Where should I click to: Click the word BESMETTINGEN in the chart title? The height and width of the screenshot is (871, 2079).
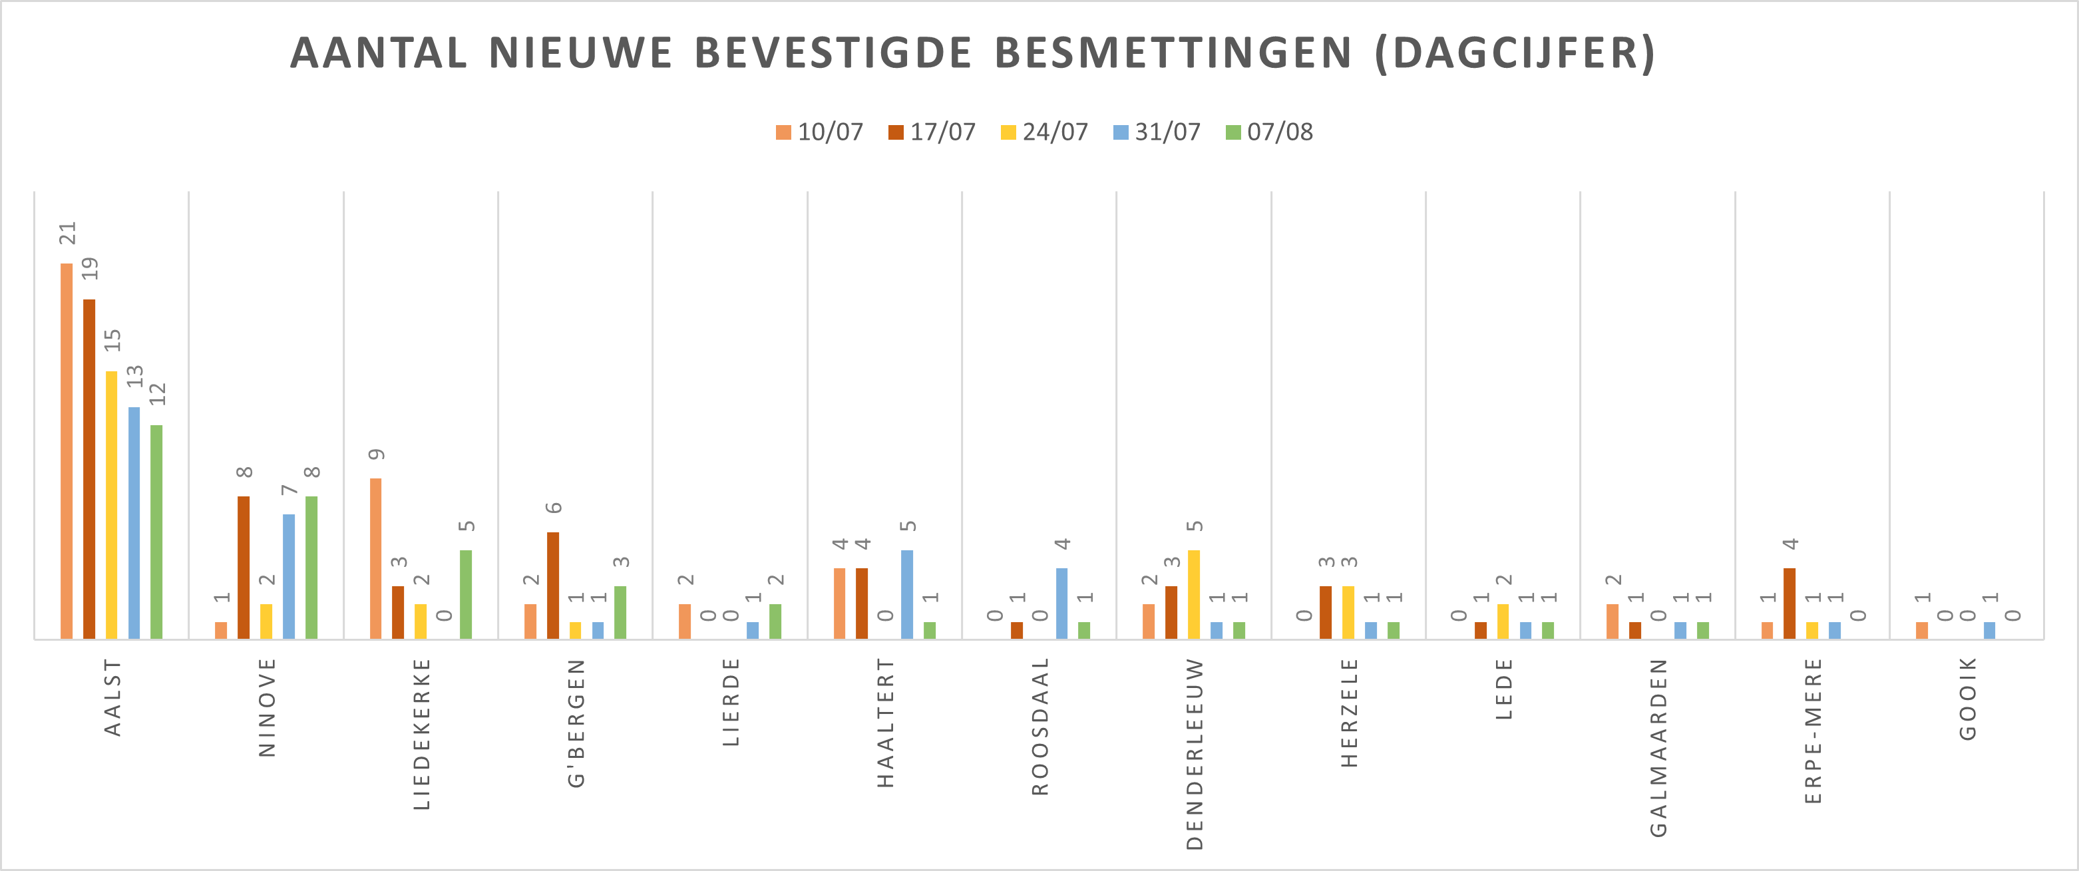coord(1173,53)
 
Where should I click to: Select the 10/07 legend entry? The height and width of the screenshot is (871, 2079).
coord(820,132)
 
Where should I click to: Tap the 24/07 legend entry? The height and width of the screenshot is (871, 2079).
coord(1044,132)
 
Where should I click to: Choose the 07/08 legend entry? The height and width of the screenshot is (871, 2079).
coord(1270,132)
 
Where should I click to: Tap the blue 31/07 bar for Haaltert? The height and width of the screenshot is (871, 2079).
coord(907,594)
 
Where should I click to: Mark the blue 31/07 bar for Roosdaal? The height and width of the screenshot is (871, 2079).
coord(1062,603)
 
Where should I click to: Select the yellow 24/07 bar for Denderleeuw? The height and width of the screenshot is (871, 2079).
coord(1194,594)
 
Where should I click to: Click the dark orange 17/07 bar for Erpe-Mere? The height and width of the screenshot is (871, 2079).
coord(1790,603)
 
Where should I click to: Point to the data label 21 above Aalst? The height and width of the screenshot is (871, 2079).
coord(68,234)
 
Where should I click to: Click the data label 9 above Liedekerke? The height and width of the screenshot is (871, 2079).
coord(377,454)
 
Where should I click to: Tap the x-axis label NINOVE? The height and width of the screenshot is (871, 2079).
coord(267,707)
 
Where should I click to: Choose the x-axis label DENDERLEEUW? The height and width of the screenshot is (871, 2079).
coord(1195,753)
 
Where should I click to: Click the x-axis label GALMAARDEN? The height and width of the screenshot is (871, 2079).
coord(1658,747)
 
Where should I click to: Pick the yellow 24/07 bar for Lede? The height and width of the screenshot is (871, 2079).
coord(1503,621)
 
